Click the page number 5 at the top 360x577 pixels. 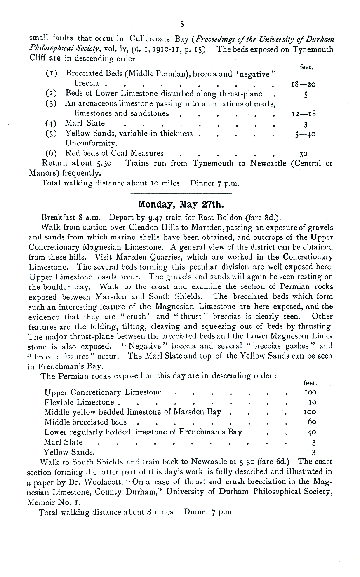(182, 24)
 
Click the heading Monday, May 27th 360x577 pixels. (180, 204)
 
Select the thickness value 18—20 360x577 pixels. (303, 84)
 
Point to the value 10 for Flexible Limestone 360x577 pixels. (312, 402)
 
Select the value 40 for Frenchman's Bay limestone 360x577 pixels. (312, 432)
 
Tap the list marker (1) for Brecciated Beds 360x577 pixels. (52, 74)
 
